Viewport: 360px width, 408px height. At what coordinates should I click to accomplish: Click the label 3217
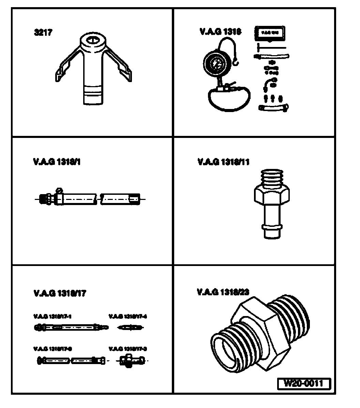point(43,33)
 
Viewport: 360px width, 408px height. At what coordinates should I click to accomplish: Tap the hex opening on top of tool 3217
point(92,41)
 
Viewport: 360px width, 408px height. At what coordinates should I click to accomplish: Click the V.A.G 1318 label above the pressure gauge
point(221,32)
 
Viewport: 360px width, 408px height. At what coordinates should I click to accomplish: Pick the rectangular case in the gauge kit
point(270,33)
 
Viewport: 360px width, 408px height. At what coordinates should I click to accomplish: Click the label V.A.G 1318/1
point(57,162)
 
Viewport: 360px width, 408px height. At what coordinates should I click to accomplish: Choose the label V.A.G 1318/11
point(223,162)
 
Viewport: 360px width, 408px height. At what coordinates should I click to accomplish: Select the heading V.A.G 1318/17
point(60,293)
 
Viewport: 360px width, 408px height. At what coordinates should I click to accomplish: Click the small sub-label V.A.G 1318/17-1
point(52,316)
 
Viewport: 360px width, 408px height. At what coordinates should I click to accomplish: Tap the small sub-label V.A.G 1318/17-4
point(127,316)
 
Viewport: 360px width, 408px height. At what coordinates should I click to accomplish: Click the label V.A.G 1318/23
point(223,292)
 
